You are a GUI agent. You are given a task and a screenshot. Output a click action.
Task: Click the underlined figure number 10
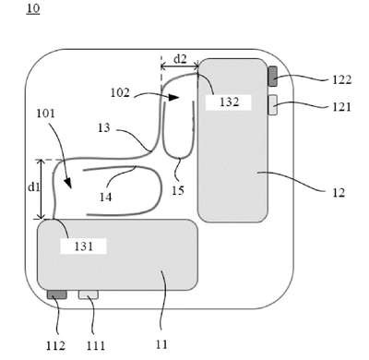coord(33,8)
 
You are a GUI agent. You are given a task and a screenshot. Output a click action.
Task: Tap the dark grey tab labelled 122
coord(273,77)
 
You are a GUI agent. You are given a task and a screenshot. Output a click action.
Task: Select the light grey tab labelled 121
coord(273,105)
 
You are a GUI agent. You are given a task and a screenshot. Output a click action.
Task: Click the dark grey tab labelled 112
coord(57,294)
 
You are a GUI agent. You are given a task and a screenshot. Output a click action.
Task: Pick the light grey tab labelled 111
coord(89,294)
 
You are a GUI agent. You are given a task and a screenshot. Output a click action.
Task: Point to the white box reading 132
coord(229,102)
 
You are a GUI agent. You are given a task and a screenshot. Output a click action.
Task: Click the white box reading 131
coord(83,246)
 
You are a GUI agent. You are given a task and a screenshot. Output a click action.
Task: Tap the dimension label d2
coord(180,59)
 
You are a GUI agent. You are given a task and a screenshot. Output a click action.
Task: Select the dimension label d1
coord(34,186)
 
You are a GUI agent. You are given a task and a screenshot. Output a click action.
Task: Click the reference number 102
coord(120,92)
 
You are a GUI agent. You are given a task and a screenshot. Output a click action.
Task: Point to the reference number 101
coord(45,114)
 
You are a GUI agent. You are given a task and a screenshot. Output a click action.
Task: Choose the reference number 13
coord(103,127)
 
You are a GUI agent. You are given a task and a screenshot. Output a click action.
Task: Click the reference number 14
coord(105,197)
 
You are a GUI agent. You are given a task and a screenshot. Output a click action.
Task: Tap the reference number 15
coord(178,191)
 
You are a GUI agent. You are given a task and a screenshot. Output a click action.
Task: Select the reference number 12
coord(339,193)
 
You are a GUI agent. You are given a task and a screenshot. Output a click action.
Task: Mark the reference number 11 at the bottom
coord(161,344)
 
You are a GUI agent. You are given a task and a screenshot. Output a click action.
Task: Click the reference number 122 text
coord(341,79)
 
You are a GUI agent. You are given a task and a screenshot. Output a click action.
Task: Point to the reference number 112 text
coord(55,346)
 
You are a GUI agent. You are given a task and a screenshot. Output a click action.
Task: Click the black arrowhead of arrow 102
coord(174,98)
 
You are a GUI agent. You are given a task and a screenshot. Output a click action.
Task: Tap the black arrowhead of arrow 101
coord(68,184)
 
